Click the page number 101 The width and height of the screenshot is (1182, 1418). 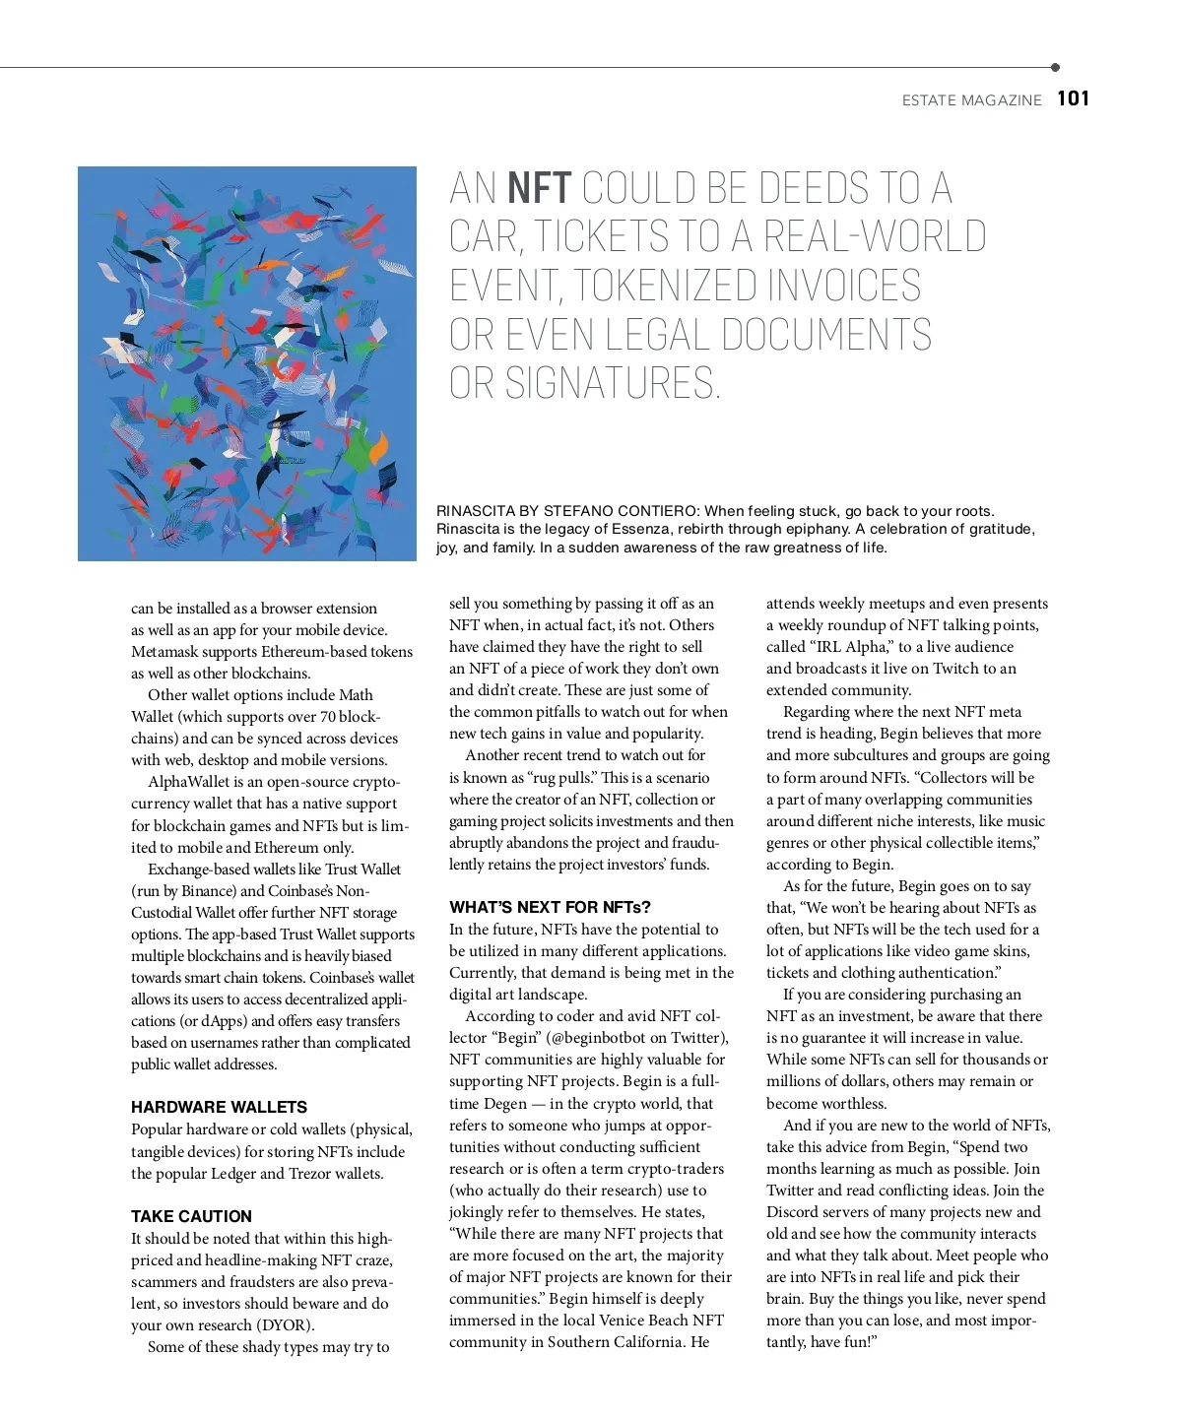[1073, 98]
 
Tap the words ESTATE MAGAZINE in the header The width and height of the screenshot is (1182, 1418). [971, 100]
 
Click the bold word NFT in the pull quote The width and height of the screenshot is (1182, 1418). [539, 187]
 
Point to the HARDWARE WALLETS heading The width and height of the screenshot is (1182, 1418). [219, 1107]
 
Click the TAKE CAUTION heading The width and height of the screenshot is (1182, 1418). [191, 1216]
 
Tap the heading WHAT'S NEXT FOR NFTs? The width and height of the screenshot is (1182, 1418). [550, 907]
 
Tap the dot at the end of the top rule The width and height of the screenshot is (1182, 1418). [1055, 68]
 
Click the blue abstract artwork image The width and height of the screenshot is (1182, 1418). [247, 363]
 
